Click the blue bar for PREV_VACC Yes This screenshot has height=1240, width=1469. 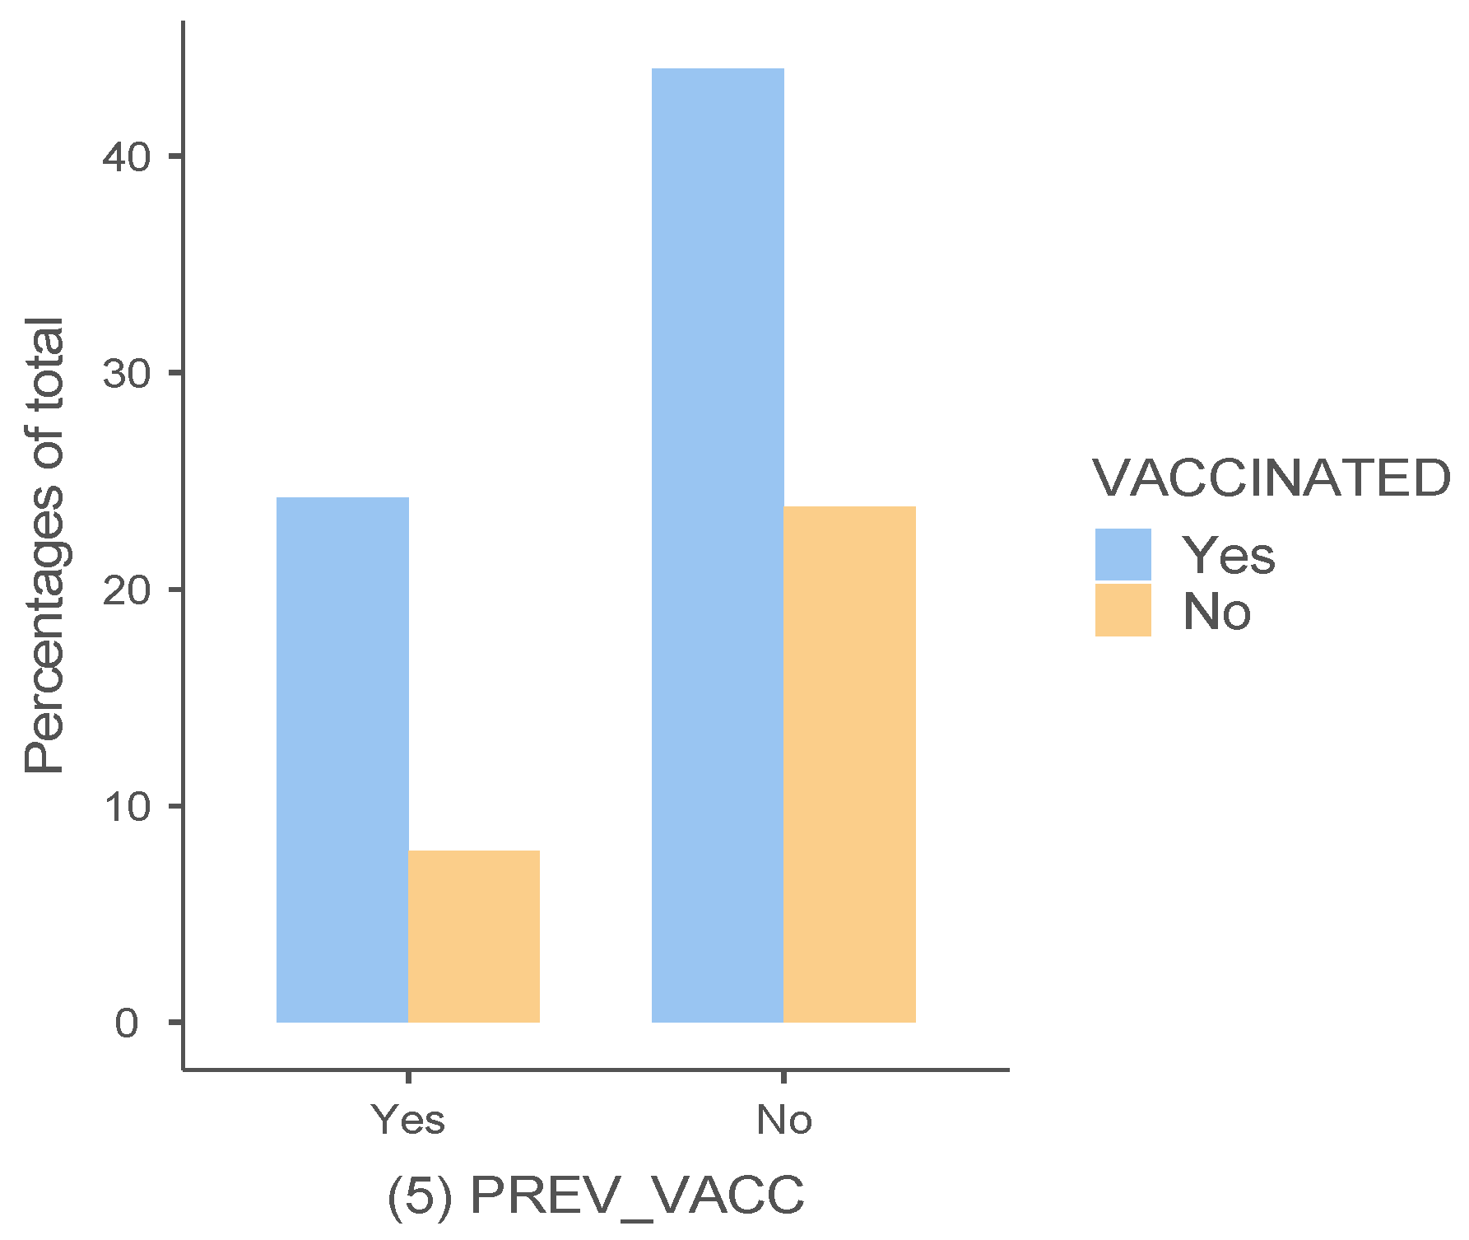tap(342, 759)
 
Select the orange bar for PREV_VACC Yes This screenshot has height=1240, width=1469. tap(474, 936)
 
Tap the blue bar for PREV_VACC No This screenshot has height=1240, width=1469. tap(718, 545)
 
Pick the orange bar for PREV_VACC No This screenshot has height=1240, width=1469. tap(849, 764)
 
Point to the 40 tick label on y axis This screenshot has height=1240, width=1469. tap(127, 156)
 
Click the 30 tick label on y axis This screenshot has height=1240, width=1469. tap(127, 373)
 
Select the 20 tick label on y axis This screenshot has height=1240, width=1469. tap(127, 590)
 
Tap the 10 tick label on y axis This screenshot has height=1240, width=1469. tap(127, 806)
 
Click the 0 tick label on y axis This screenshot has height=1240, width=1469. tap(127, 1023)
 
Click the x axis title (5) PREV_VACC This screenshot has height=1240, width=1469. tap(595, 1195)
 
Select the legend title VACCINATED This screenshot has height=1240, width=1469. tap(1271, 478)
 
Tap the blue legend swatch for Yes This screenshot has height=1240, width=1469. tap(1123, 554)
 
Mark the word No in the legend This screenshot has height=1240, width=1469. tap(1216, 612)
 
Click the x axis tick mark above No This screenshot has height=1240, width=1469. tap(783, 1078)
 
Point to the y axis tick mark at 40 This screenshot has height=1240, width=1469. tap(175, 156)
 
